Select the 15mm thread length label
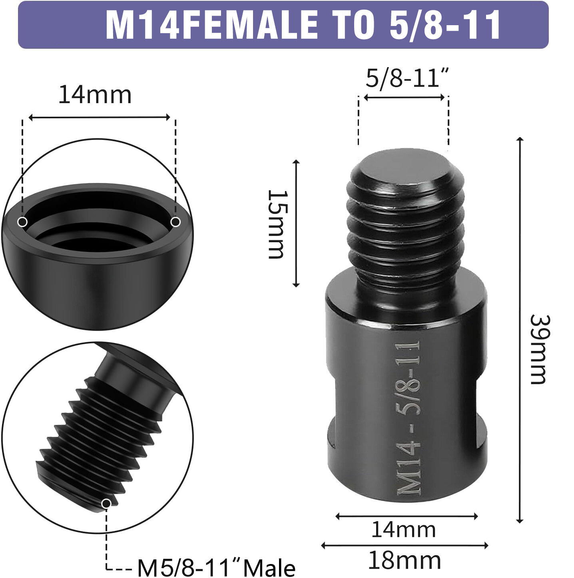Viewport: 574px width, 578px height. pyautogui.click(x=277, y=224)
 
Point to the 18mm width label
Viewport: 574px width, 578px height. pyautogui.click(x=404, y=560)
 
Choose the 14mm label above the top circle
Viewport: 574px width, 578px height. pyautogui.click(x=95, y=95)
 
